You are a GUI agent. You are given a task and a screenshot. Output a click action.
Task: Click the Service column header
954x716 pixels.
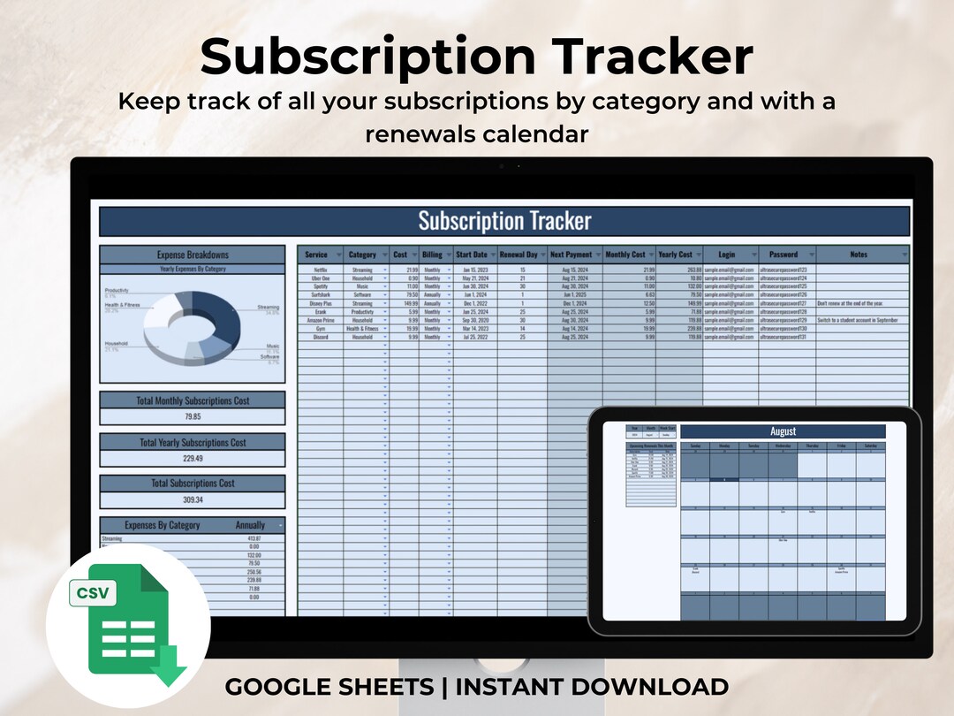tap(316, 255)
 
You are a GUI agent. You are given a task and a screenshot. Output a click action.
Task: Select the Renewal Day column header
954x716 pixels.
tap(519, 255)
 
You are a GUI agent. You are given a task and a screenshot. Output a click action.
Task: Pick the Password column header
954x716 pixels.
tap(783, 255)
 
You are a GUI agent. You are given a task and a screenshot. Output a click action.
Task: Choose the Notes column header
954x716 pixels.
tap(859, 255)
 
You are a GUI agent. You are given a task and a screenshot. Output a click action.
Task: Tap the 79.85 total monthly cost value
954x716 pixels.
tap(193, 416)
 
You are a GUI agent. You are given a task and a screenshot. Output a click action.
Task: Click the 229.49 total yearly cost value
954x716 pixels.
tap(193, 458)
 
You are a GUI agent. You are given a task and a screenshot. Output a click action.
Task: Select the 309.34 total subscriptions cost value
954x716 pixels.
tap(193, 499)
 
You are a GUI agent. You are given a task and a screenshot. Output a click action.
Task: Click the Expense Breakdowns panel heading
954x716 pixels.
tap(193, 255)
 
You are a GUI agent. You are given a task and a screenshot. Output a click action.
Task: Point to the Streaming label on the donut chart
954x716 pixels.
tap(268, 308)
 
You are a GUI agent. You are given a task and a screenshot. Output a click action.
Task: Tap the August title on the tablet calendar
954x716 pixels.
tap(783, 431)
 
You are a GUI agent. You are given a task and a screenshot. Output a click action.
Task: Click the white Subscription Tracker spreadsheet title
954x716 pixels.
tap(504, 220)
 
